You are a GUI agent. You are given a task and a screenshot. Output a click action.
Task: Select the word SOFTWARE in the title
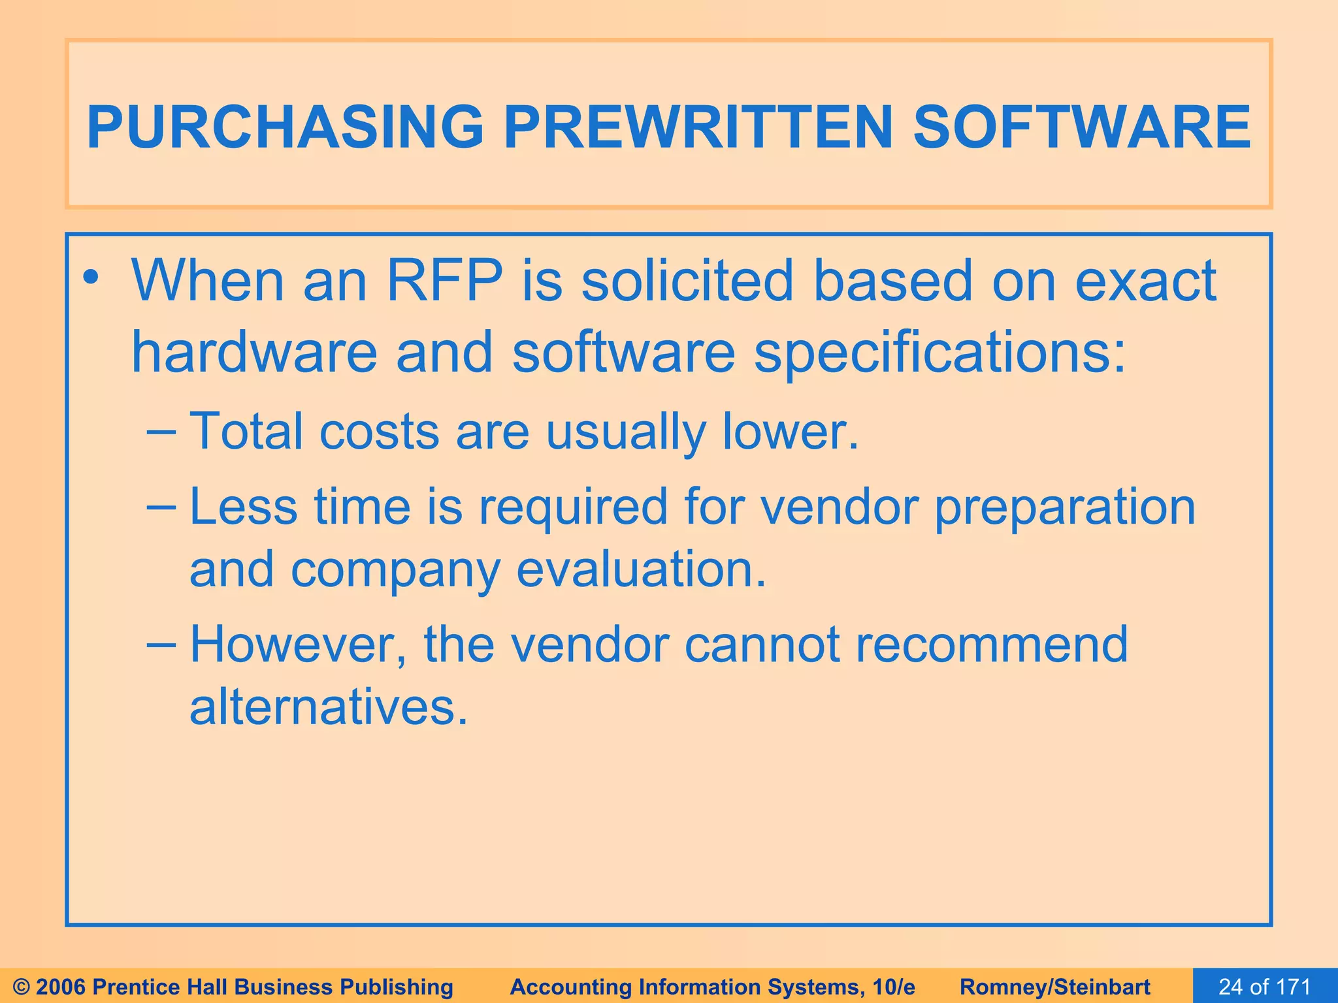tap(1081, 127)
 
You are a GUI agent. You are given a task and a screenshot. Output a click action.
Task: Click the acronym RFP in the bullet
tap(444, 281)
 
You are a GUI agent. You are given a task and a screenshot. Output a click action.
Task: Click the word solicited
tap(687, 281)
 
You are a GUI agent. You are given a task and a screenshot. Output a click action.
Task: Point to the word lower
tap(790, 432)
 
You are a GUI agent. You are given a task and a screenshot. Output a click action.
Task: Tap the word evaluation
tap(640, 570)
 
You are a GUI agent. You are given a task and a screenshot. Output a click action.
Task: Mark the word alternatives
tap(329, 707)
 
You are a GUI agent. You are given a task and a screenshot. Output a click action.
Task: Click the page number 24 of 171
tap(1265, 987)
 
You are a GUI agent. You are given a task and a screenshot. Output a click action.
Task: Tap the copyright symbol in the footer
tap(22, 987)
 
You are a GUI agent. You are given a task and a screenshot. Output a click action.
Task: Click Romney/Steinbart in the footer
tap(1055, 987)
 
